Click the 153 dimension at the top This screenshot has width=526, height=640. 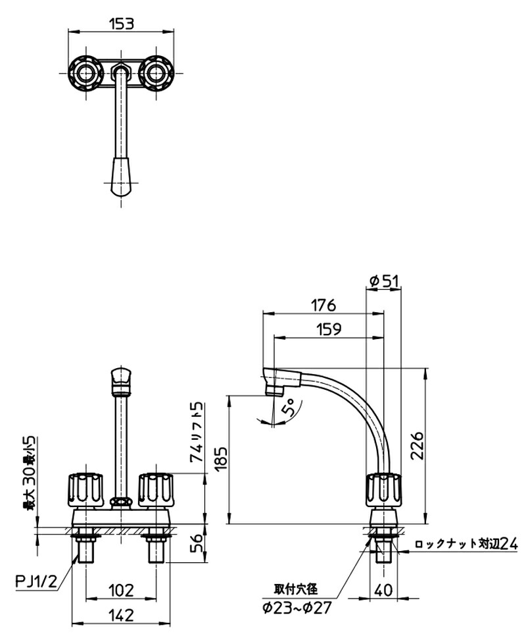point(122,23)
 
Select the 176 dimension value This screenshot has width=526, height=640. point(323,305)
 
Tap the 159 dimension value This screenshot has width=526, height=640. point(327,331)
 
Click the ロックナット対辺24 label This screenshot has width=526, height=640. point(466,544)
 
